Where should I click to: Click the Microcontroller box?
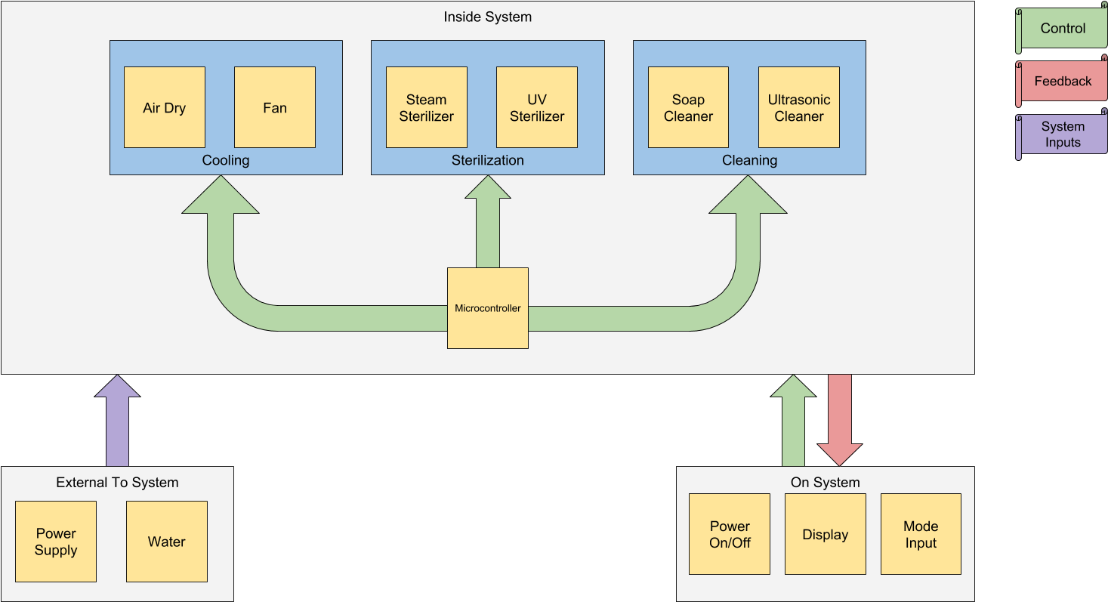[487, 308]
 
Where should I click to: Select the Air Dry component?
[164, 107]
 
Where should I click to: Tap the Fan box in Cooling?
[274, 107]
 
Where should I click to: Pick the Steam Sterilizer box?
[426, 107]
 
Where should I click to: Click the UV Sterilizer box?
[536, 107]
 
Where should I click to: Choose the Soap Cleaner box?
[688, 107]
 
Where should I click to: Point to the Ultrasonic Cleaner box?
[798, 107]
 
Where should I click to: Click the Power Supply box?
[56, 542]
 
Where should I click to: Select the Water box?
[166, 542]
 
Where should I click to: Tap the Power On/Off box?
[730, 534]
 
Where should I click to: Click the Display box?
[825, 534]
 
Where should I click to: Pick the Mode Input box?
[921, 534]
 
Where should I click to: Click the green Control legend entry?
[1062, 29]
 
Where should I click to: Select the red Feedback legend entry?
[1062, 82]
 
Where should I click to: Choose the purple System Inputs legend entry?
[1062, 134]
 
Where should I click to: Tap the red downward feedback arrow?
[839, 419]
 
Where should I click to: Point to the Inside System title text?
[487, 17]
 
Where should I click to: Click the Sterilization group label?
[487, 160]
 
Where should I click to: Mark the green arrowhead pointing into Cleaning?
[748, 196]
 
